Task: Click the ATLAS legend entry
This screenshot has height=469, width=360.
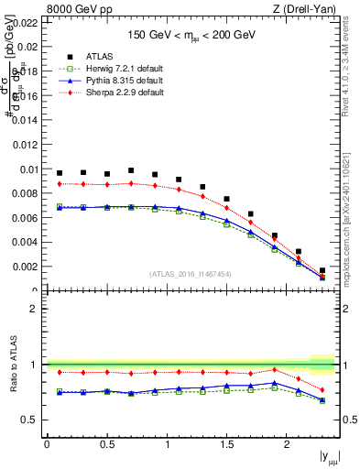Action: click(99, 56)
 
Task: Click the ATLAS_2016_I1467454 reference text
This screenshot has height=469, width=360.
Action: click(191, 273)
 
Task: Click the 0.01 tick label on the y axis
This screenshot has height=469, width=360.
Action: click(27, 169)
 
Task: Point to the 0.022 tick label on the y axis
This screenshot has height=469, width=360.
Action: click(25, 21)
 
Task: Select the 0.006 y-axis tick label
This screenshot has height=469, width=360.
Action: click(25, 218)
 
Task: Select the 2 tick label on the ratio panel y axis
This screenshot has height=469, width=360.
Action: click(34, 309)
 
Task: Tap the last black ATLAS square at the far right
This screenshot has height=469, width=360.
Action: click(322, 270)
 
